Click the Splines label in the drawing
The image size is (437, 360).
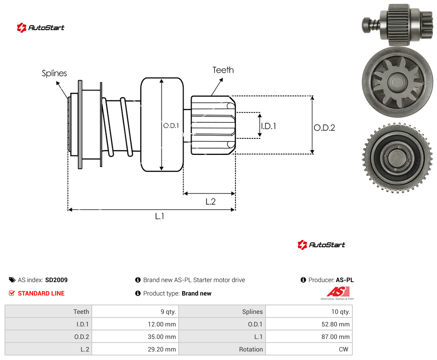pyautogui.click(x=54, y=73)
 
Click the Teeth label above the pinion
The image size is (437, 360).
pyautogui.click(x=223, y=70)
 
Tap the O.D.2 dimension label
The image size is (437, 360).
pyautogui.click(x=324, y=128)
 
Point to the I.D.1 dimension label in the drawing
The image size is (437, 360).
pyautogui.click(x=268, y=126)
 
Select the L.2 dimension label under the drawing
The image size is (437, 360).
pyautogui.click(x=210, y=201)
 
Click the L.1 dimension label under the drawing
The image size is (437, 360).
pyautogui.click(x=160, y=216)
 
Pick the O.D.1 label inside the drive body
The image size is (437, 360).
pyautogui.click(x=171, y=126)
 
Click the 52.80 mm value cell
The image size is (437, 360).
pyautogui.click(x=309, y=324)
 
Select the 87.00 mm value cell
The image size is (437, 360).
pyautogui.click(x=309, y=337)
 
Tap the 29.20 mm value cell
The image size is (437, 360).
pyautogui.click(x=135, y=349)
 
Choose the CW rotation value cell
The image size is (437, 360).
pyautogui.click(x=309, y=349)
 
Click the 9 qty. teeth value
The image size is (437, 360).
pyautogui.click(x=168, y=312)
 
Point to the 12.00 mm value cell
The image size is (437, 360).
pyautogui.click(x=135, y=324)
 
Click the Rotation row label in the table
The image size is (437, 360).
pyautogui.click(x=251, y=349)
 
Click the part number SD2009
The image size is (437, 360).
pyautogui.click(x=56, y=280)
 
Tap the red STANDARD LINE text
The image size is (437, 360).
pyautogui.click(x=41, y=293)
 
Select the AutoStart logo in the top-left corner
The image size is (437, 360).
pyautogui.click(x=41, y=28)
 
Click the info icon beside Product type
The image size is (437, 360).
pyautogui.click(x=137, y=293)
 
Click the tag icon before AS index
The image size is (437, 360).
pyautogui.click(x=12, y=280)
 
